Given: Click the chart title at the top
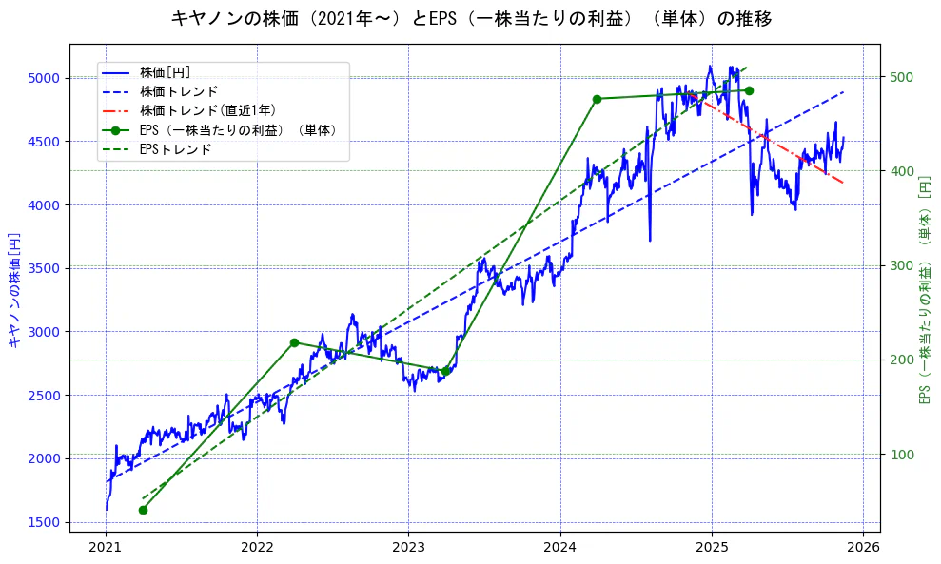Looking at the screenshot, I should coord(471,18).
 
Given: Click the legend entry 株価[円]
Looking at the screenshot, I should coord(166,71).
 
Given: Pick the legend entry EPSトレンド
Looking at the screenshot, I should coord(175,149).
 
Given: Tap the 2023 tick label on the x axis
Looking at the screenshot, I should coord(408,547).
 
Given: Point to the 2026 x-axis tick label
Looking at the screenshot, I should coord(862,547).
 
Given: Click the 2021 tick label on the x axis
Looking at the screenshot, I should coord(106,547).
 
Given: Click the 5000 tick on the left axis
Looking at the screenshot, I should coord(47,78).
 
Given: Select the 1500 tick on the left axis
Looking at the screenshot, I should coord(47,522).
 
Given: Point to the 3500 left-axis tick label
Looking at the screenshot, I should coord(47,268).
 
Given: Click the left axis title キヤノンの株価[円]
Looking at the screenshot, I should coord(13,288).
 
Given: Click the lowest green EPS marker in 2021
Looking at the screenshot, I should coord(143,510).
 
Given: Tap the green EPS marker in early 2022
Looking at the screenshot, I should coord(294,342).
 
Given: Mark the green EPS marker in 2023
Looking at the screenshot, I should coord(445,371).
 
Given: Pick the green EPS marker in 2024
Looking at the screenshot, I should coord(597,99).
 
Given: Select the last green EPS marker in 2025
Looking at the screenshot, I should coord(749,90).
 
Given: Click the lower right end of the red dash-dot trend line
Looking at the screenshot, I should coord(842,182).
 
